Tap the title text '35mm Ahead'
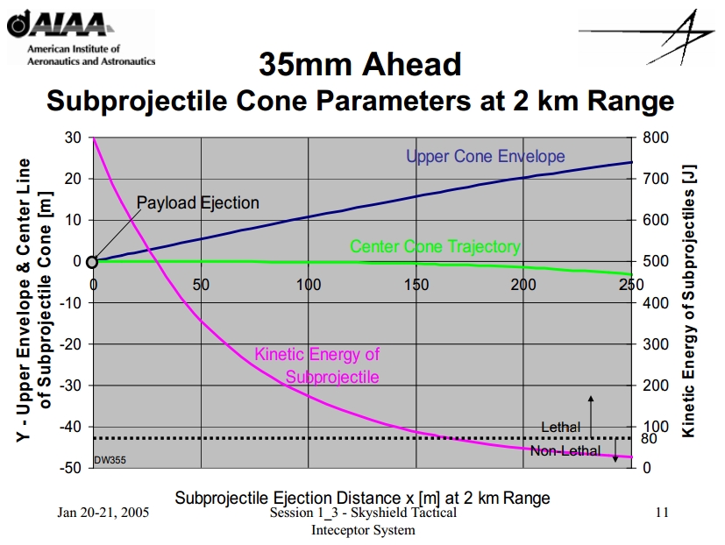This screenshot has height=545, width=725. pyautogui.click(x=360, y=64)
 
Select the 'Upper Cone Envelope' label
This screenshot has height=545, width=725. pyautogui.click(x=485, y=157)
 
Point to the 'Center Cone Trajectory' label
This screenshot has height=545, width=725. pyautogui.click(x=435, y=247)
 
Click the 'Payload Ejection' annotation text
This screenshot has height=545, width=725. pyautogui.click(x=197, y=203)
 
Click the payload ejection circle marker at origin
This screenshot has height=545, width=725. pyautogui.click(x=93, y=261)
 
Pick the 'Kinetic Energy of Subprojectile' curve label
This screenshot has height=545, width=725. pyautogui.click(x=317, y=365)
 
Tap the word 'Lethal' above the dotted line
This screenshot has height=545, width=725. pyautogui.click(x=560, y=427)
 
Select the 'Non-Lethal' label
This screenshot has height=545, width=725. pyautogui.click(x=565, y=451)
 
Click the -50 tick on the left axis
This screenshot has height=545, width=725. pyautogui.click(x=71, y=467)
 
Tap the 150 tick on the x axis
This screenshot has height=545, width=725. pyautogui.click(x=416, y=284)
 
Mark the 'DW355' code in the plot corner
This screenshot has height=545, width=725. pyautogui.click(x=110, y=459)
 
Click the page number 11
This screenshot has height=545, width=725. pyautogui.click(x=662, y=513)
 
